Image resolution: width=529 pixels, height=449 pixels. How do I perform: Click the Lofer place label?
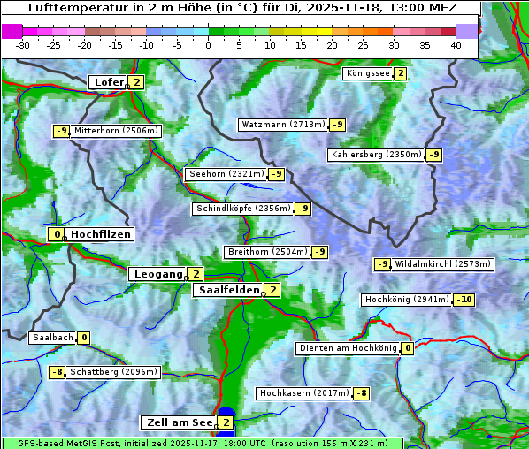point(108,82)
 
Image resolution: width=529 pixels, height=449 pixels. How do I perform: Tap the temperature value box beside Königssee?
point(400,73)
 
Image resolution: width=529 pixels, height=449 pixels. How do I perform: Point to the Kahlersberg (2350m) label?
point(376,155)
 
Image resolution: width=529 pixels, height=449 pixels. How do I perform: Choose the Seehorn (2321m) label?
point(226,174)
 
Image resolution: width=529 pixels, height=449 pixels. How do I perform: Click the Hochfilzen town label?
point(101,234)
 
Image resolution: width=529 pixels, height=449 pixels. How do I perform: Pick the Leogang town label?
point(157,274)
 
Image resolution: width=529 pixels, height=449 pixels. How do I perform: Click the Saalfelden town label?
point(228,290)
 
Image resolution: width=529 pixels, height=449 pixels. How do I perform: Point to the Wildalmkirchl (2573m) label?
point(442,264)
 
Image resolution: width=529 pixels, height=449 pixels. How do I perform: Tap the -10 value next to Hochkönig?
point(464,300)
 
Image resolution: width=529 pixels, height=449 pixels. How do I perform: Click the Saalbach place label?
point(52,338)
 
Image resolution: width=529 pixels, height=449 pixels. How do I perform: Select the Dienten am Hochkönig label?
point(348,348)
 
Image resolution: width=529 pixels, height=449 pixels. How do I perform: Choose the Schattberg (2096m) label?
point(114,372)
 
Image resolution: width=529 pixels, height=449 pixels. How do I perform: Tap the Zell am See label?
point(178,422)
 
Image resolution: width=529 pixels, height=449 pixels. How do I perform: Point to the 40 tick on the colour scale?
point(455,45)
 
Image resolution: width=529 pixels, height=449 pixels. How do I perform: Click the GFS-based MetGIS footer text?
point(203,443)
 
